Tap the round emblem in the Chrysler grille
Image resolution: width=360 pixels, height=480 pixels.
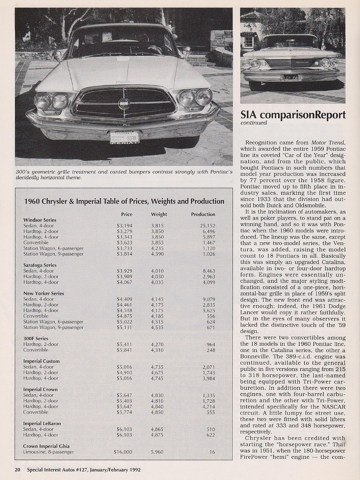tap(123, 103)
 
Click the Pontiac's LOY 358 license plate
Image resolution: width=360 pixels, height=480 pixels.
tap(290, 77)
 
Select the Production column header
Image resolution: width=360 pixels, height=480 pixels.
tap(203, 214)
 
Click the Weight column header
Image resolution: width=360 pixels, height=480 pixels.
tap(159, 214)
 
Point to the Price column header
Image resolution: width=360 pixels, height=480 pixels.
tap(127, 214)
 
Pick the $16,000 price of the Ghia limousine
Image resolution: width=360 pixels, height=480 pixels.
tap(123, 452)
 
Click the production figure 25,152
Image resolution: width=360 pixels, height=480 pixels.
tap(207, 226)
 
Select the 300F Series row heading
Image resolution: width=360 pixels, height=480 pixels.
tap(36, 339)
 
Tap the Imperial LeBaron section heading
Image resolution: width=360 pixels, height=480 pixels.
tap(42, 423)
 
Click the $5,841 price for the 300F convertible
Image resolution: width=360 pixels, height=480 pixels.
tap(124, 350)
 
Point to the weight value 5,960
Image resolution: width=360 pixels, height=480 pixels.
tap(157, 452)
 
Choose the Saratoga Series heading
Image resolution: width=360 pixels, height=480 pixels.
tap(40, 265)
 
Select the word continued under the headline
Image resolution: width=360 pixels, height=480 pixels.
tap(253, 123)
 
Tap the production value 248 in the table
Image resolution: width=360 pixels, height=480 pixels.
tap(211, 350)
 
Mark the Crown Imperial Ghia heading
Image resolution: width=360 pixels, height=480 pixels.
tap(46, 446)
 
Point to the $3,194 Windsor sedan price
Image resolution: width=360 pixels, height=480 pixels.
tap(124, 226)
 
